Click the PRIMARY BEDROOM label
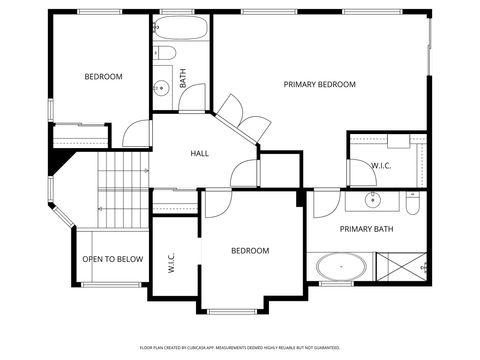tap(319, 85)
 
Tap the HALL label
tap(200, 153)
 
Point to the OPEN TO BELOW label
tap(112, 259)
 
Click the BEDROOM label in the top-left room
tap(102, 77)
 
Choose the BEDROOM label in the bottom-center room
tap(250, 251)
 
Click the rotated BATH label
tap(183, 78)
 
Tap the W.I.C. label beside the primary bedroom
tap(381, 165)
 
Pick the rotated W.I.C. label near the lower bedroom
tap(172, 263)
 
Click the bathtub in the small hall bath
tap(180, 28)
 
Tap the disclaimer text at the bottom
tap(240, 347)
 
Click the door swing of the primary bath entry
tap(324, 203)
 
